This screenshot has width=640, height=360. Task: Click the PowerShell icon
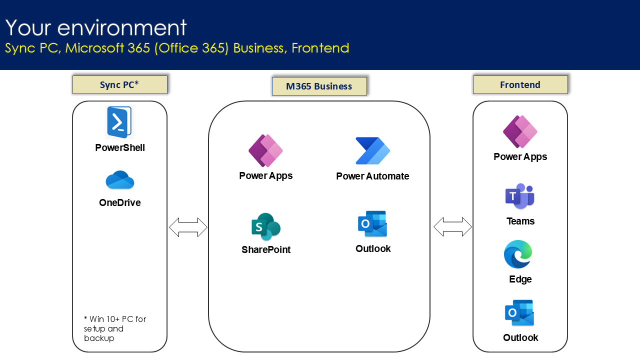(x=119, y=122)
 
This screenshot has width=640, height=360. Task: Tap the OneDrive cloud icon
(x=119, y=180)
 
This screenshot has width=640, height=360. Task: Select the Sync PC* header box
(x=119, y=85)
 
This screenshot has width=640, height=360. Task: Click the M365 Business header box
(x=319, y=86)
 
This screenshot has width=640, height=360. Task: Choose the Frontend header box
(x=520, y=85)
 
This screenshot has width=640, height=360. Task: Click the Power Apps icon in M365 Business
(x=265, y=150)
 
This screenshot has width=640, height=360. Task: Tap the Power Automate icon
(x=372, y=151)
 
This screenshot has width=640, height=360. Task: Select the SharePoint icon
(x=265, y=227)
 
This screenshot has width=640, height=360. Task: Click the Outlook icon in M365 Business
(x=372, y=224)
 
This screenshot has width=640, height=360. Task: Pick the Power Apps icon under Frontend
(x=520, y=131)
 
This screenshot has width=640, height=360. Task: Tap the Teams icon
(x=520, y=196)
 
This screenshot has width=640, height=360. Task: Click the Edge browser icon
(x=518, y=254)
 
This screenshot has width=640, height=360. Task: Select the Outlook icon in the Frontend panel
(x=519, y=313)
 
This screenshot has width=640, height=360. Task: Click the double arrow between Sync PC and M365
(x=188, y=227)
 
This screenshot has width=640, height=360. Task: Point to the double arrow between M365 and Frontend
(x=452, y=227)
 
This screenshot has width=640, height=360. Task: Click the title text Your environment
(x=96, y=27)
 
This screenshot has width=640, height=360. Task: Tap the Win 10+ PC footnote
(x=115, y=328)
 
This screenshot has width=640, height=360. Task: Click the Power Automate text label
(x=372, y=176)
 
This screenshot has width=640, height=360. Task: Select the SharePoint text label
(x=266, y=249)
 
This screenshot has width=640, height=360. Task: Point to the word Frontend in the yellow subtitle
(x=320, y=48)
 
